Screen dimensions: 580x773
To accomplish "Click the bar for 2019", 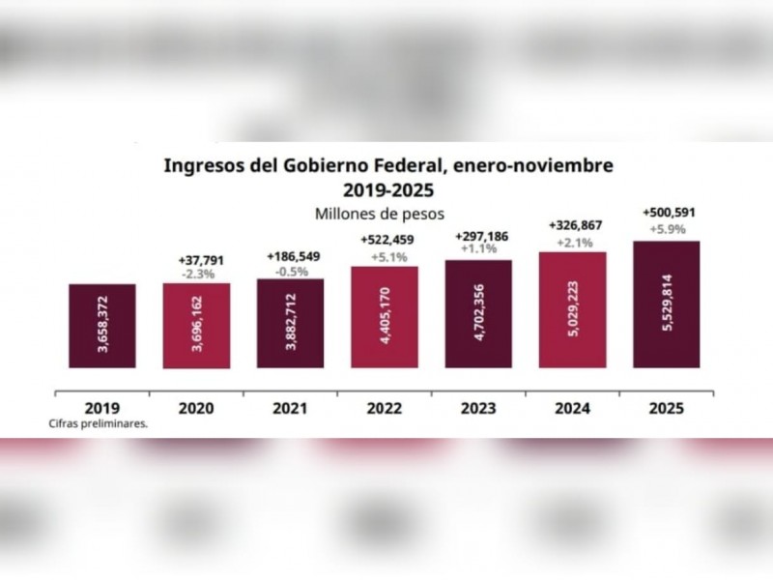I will (102, 326).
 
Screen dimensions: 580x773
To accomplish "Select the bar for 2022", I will (385, 317).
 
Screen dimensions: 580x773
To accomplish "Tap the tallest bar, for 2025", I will (666, 304).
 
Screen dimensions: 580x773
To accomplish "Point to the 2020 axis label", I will (196, 408).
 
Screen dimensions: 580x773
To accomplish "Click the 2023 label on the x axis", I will (478, 408).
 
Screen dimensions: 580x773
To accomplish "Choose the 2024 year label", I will (572, 408).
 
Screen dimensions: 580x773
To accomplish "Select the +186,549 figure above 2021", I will (291, 257).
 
